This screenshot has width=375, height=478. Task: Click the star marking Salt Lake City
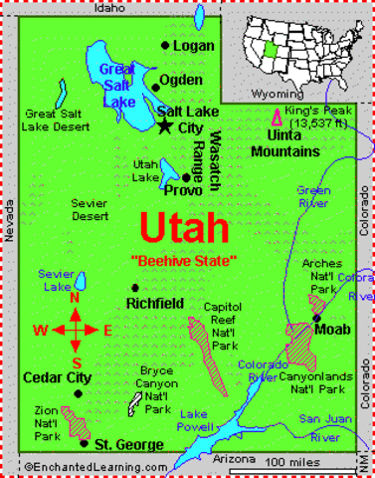click(x=164, y=126)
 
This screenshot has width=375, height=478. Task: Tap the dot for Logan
click(x=165, y=46)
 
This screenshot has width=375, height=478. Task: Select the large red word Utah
click(x=185, y=228)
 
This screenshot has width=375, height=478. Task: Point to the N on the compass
click(x=76, y=298)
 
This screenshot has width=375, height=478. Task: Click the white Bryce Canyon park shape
click(x=132, y=402)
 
